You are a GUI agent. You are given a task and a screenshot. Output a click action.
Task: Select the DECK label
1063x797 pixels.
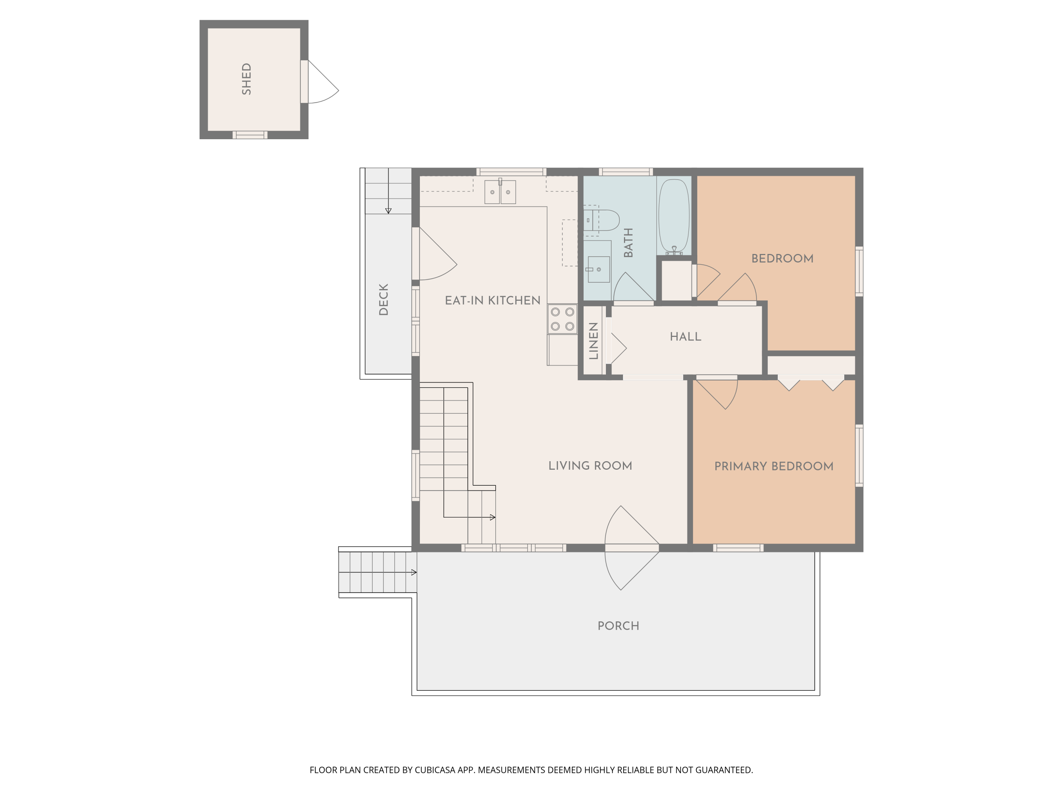click(x=383, y=299)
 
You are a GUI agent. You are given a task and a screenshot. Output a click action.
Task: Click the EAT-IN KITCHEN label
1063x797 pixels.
click(x=493, y=300)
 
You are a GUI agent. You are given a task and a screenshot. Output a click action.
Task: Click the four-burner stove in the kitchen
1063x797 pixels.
click(x=562, y=319)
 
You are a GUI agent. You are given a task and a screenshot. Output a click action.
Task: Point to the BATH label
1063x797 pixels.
click(x=628, y=243)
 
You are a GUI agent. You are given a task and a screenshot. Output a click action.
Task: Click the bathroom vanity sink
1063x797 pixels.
click(x=598, y=269)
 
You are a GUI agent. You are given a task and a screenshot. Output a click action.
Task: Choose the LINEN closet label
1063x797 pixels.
click(x=594, y=341)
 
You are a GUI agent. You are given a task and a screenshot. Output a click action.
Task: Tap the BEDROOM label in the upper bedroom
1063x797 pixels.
click(x=782, y=259)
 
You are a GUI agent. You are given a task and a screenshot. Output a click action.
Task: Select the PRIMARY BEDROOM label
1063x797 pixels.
click(x=774, y=466)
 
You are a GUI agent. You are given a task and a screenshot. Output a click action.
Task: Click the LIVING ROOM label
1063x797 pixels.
click(x=590, y=465)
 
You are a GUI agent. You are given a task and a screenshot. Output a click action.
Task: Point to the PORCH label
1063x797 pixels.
click(x=618, y=626)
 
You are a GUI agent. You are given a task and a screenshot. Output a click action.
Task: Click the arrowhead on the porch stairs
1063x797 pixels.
click(x=414, y=572)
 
